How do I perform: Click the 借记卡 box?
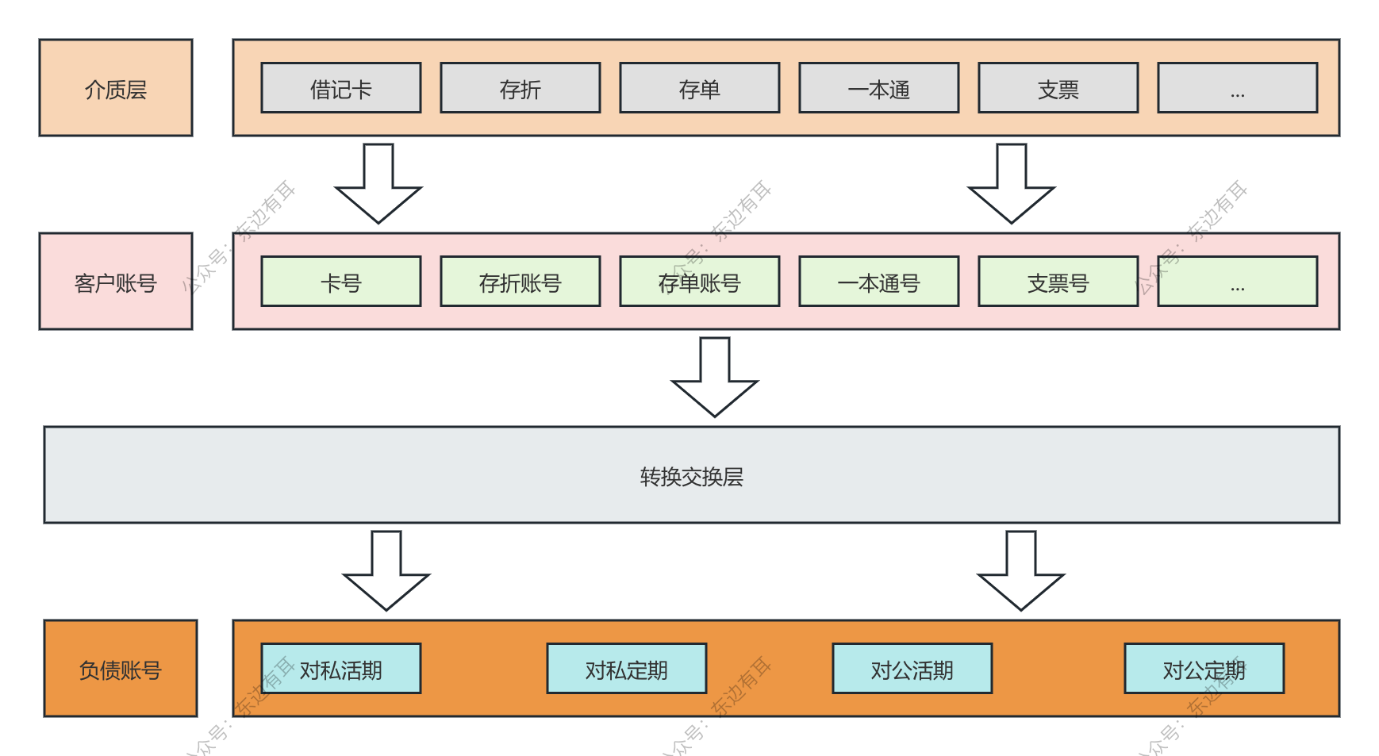(341, 88)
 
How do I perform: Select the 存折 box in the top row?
(520, 88)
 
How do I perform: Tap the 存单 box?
(700, 88)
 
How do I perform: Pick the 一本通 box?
(879, 88)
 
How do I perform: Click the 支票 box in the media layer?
(1058, 88)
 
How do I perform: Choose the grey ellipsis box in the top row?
(1238, 88)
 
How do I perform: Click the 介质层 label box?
(116, 88)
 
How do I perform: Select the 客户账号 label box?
(116, 282)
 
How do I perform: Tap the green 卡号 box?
(341, 282)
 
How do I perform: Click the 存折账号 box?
(520, 282)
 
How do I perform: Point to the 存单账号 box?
(700, 282)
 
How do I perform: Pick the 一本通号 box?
(879, 282)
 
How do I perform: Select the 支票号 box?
(1058, 282)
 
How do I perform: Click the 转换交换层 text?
(691, 476)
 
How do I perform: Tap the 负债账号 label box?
(121, 669)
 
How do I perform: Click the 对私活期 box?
(341, 669)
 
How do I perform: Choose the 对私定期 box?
(627, 669)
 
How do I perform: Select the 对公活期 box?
(912, 669)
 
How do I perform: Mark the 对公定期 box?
(1204, 669)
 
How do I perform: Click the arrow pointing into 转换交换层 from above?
(715, 378)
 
